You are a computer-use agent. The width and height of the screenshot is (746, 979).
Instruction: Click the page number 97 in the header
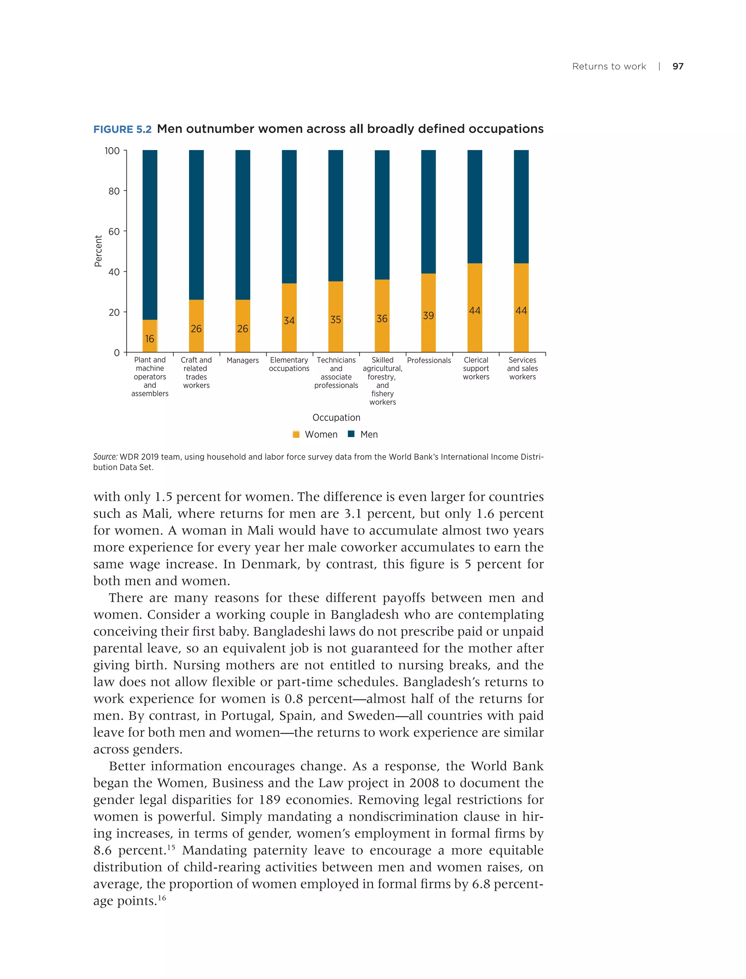[x=678, y=66]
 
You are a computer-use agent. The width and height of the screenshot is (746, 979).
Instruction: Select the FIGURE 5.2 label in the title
[x=122, y=129]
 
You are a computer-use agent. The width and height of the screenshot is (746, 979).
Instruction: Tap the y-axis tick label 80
[x=114, y=191]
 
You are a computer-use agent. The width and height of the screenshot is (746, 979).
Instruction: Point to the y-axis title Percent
[x=98, y=251]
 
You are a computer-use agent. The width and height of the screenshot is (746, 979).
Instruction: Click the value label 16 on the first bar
[x=150, y=339]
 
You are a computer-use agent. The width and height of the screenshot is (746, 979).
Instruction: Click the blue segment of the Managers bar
[x=243, y=224]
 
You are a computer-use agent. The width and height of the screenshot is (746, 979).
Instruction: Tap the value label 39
[x=428, y=316]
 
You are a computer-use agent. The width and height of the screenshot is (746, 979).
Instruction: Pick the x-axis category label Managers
[x=243, y=361]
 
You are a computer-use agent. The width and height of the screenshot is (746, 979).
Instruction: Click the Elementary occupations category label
[x=289, y=364]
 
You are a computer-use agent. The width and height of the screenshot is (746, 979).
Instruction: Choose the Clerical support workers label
[x=476, y=369]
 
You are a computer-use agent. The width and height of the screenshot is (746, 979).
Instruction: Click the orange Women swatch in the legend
[x=296, y=435]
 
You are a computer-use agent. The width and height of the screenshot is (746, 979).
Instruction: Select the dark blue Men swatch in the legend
[x=351, y=434]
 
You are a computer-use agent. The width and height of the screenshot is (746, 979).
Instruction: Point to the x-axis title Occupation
[x=336, y=417]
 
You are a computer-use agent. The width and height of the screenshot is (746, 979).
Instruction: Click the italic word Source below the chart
[x=105, y=457]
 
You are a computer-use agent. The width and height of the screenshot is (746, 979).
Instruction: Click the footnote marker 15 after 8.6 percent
[x=172, y=847]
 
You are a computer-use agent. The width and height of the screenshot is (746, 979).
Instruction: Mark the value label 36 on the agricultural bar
[x=382, y=319]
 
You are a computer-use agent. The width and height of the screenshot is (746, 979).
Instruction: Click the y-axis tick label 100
[x=112, y=151]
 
